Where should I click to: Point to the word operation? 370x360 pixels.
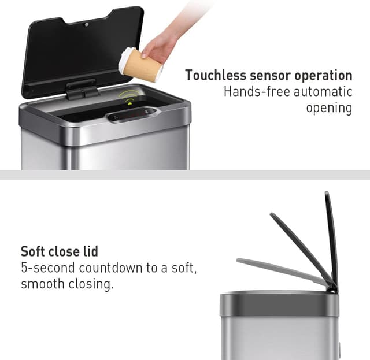click(324, 76)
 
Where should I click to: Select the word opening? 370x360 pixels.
click(329, 108)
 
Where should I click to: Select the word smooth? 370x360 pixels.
click(43, 284)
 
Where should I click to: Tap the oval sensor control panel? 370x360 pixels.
click(132, 114)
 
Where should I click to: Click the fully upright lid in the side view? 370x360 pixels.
click(331, 237)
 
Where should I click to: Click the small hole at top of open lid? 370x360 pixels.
click(87, 25)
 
